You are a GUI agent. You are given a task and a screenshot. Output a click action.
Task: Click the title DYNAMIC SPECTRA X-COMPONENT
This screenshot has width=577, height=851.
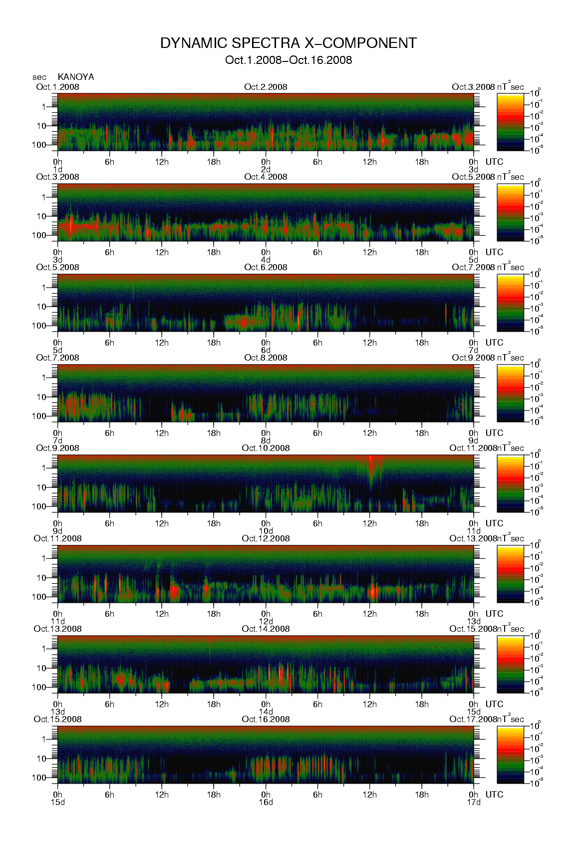coord(288,43)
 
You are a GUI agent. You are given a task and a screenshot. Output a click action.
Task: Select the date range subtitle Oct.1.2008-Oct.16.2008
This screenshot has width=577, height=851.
coord(288,60)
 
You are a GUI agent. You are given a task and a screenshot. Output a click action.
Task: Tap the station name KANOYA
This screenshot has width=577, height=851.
coord(76,77)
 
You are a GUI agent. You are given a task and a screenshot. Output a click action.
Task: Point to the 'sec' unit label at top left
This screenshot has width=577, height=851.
coord(39,77)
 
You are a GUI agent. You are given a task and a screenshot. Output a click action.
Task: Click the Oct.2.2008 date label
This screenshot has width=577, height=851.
coord(266,87)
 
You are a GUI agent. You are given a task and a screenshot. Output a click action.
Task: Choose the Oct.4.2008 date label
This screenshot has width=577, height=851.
coord(266,177)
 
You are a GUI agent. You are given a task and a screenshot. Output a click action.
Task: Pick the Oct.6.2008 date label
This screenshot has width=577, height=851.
coord(266,267)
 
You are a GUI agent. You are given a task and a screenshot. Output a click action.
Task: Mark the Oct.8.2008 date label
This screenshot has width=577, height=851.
coord(266,358)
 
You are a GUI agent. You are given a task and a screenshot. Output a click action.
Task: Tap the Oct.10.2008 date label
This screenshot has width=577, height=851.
coord(266,448)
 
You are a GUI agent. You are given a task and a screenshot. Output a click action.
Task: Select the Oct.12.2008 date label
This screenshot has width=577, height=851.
coord(266,538)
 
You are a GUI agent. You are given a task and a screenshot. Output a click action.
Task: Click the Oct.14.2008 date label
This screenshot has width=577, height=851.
coord(266,629)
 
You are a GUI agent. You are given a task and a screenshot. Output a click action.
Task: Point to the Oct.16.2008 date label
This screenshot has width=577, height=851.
coord(266,719)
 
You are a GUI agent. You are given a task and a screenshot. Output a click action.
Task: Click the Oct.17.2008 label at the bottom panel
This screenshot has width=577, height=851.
coord(473,719)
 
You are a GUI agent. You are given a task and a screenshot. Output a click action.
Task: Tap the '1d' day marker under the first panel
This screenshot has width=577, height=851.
coord(58,170)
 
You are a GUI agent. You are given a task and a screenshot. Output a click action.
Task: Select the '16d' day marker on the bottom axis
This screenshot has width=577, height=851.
coord(266,803)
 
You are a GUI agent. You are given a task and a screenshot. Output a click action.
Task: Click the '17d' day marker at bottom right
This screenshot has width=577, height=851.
coord(474,803)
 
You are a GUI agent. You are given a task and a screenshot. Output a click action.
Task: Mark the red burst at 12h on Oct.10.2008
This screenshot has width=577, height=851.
coord(371,467)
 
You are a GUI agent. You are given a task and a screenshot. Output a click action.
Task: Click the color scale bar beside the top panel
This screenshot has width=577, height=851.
coord(511,122)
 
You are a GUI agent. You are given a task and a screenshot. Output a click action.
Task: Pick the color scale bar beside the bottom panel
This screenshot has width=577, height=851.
coord(511,755)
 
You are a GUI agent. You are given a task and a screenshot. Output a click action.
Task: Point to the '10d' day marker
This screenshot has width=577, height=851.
coord(266,531)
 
